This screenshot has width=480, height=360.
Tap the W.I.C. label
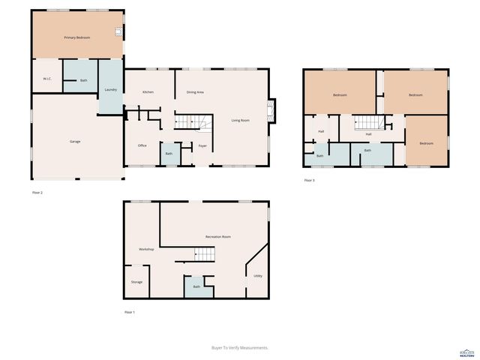click(46, 78)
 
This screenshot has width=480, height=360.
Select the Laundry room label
click(111, 89)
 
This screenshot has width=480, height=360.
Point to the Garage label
click(75, 141)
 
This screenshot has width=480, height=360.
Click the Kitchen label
click(148, 91)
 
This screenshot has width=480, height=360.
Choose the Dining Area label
click(195, 91)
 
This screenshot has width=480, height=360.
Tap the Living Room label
click(240, 120)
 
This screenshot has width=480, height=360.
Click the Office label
click(142, 145)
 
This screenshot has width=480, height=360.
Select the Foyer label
click(202, 145)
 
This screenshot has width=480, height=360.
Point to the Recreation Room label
click(218, 236)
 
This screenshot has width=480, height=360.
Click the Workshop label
click(146, 248)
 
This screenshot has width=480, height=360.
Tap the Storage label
click(136, 282)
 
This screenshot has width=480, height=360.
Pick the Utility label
click(257, 276)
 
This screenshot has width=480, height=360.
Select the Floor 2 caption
click(37, 193)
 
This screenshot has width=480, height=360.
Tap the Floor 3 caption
click(309, 180)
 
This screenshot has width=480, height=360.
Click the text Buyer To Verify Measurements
click(240, 347)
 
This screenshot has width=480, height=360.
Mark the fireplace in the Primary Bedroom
click(117, 31)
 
